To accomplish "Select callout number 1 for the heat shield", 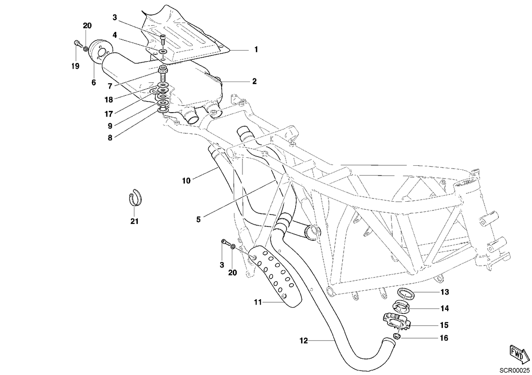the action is pos(256,49).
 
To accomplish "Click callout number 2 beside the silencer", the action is pos(254,82).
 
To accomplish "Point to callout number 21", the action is pos(134,221).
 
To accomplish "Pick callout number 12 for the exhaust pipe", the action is pos(304,341).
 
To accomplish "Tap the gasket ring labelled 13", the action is pos(407,295).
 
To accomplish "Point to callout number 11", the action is pos(258,302).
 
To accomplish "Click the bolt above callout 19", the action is pos(77,44).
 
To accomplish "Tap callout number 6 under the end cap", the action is pos(94,82).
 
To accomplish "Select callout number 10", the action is pos(187,181).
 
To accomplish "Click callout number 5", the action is pos(199,219).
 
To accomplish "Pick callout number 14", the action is pos(445,308).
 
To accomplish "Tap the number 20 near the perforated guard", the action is pos(232,273).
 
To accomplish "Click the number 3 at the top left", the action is pos(115,17).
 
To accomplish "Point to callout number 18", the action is pos(109,100).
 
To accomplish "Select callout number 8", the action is pos(110,137).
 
